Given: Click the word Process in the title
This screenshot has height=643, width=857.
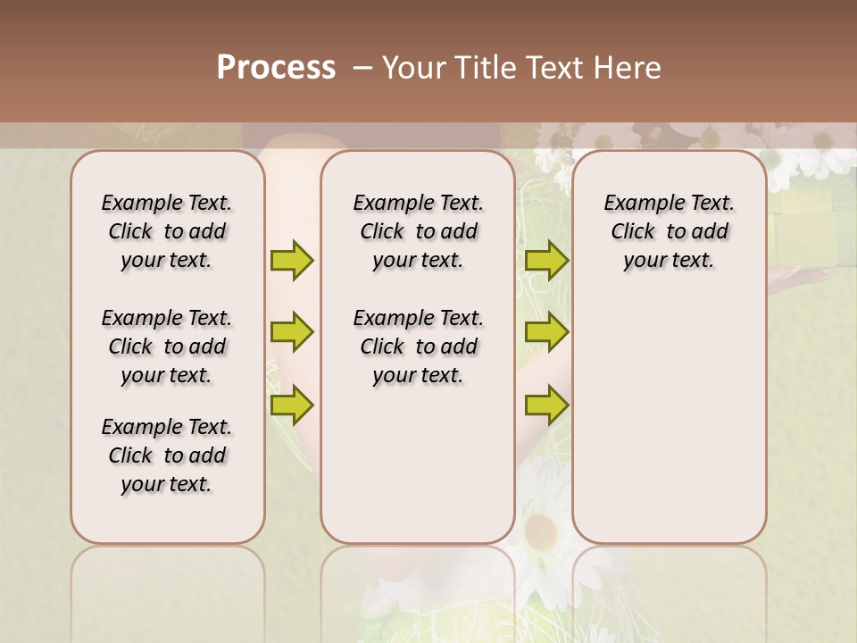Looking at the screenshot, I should tap(276, 68).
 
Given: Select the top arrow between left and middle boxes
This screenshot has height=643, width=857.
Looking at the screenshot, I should tap(292, 261).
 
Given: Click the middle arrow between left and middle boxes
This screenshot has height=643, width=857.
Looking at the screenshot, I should tap(292, 332).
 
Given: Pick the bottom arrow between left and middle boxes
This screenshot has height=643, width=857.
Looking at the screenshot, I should tap(292, 405).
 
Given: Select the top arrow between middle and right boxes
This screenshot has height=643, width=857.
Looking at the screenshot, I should tap(546, 261).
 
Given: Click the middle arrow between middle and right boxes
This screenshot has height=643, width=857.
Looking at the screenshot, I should tap(546, 332).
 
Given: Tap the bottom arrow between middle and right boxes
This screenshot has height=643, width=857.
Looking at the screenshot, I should tap(546, 405).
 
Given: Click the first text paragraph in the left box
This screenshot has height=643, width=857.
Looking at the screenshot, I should tap(167, 231).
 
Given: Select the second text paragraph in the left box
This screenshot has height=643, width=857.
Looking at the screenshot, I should tap(167, 347).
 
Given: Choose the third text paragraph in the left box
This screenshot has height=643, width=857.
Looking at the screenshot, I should tap(167, 455).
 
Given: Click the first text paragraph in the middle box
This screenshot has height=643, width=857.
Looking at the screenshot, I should tap(418, 231).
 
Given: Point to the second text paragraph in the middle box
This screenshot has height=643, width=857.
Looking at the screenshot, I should tap(418, 347).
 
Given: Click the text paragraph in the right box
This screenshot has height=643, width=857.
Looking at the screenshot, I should tap(669, 231).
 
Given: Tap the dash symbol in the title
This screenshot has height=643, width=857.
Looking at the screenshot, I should tap(362, 68).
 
